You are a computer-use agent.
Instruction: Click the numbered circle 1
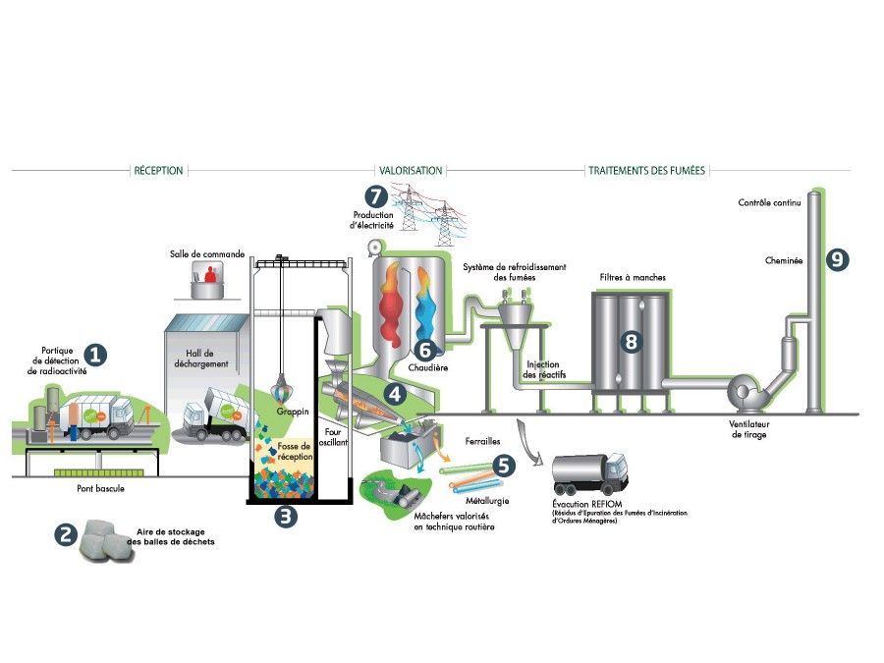tap(95, 354)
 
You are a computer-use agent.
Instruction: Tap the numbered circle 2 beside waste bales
tap(66, 535)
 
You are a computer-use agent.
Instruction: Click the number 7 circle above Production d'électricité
tap(376, 196)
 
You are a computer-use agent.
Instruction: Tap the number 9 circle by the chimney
tap(836, 260)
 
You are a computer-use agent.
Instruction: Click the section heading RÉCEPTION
tap(157, 171)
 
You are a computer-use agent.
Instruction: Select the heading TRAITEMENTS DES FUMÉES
tap(646, 171)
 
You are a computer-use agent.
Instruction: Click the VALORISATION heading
tap(411, 171)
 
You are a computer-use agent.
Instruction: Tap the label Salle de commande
tap(206, 253)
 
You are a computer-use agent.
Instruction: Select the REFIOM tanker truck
tap(589, 473)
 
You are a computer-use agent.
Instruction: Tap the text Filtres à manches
tap(633, 278)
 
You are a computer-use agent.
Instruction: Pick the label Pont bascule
tap(101, 488)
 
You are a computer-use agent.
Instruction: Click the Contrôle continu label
tap(770, 202)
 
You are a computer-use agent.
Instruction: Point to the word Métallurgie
tap(489, 501)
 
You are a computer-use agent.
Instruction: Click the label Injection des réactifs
tap(543, 369)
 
